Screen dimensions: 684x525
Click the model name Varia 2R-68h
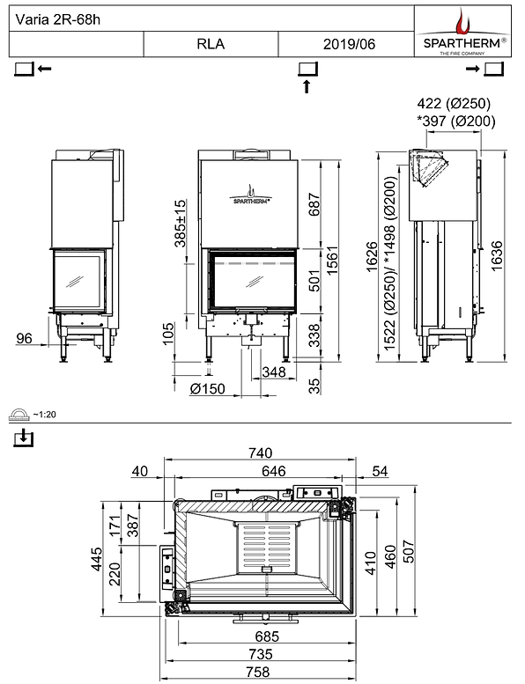[52, 18]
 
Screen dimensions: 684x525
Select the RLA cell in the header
[211, 44]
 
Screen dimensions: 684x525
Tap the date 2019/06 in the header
[346, 44]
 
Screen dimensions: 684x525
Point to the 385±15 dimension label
[181, 224]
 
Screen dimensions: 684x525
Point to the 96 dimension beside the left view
[25, 338]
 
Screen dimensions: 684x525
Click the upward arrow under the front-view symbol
[307, 85]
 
